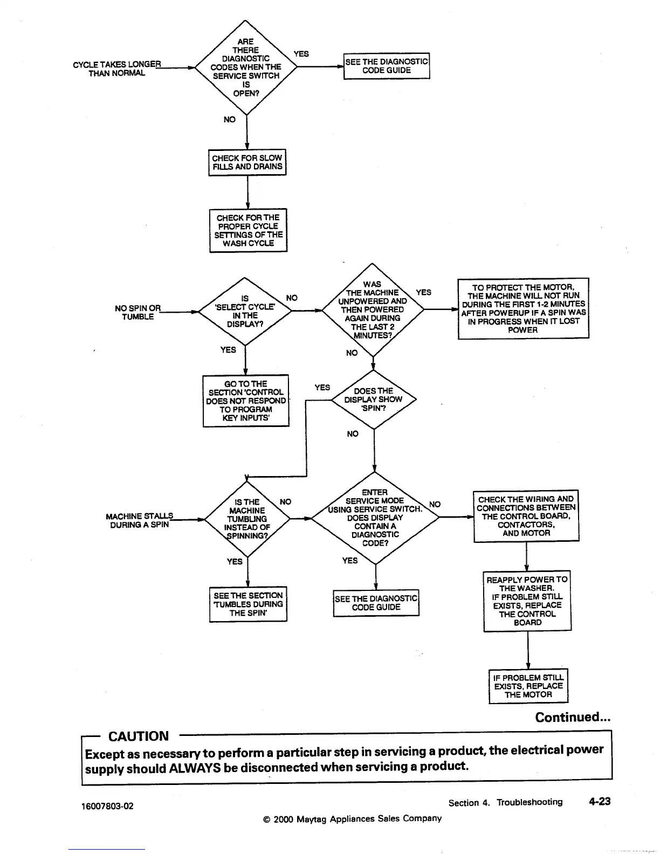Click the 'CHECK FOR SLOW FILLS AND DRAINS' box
point(247,162)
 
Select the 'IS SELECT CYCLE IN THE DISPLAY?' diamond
point(245,311)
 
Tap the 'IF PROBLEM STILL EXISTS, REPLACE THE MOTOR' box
point(528,686)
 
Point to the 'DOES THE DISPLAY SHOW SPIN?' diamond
point(374,400)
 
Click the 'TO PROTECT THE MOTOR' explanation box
point(523,308)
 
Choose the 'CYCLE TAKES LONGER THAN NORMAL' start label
point(117,69)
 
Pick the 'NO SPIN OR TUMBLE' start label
point(137,312)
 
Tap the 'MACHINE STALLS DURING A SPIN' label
point(140,520)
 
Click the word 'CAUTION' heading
point(139,736)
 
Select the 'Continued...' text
point(573,717)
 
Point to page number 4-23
point(600,802)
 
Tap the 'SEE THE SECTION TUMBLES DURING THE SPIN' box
point(248,604)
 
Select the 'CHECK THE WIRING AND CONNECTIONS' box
point(526,516)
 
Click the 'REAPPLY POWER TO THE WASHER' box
point(527,601)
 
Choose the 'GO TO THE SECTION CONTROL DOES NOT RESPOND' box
point(246,401)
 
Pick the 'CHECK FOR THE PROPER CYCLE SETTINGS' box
point(248,230)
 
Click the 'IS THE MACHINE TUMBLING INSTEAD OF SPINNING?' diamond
point(247,519)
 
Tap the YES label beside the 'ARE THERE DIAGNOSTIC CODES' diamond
point(301,54)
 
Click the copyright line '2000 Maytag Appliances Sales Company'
point(352,818)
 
